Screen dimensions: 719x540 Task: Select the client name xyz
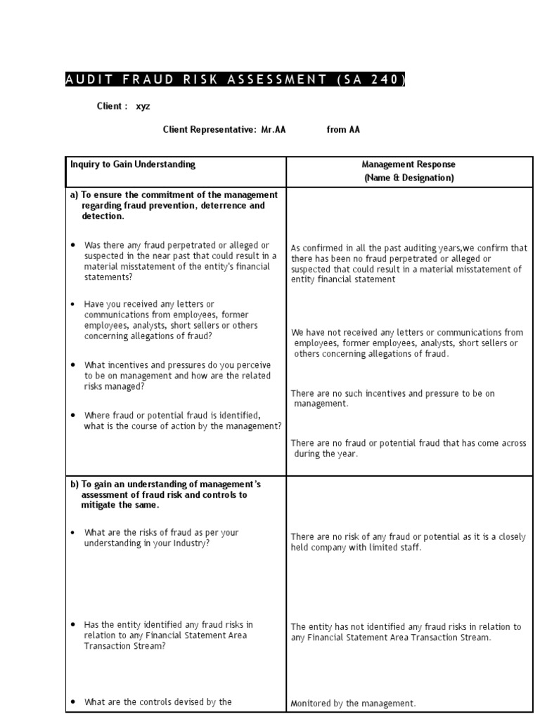pyautogui.click(x=143, y=107)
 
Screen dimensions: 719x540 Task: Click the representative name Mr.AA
pyautogui.click(x=274, y=130)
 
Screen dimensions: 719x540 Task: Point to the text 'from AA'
pyautogui.click(x=343, y=130)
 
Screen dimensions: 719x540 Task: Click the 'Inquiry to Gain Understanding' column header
pyautogui.click(x=133, y=164)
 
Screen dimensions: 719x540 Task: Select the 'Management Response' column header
pyautogui.click(x=409, y=164)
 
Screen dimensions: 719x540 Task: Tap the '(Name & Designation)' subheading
pyautogui.click(x=409, y=178)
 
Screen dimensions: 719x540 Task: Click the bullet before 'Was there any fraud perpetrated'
pyautogui.click(x=73, y=245)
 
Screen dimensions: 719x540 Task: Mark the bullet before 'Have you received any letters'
pyautogui.click(x=73, y=304)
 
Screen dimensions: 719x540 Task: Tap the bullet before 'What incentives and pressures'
pyautogui.click(x=73, y=365)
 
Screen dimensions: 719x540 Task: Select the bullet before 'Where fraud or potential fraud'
pyautogui.click(x=73, y=415)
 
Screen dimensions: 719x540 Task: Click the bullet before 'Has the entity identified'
pyautogui.click(x=73, y=624)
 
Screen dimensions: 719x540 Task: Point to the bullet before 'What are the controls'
pyautogui.click(x=73, y=701)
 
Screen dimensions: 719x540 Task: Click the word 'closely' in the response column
pyautogui.click(x=511, y=537)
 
